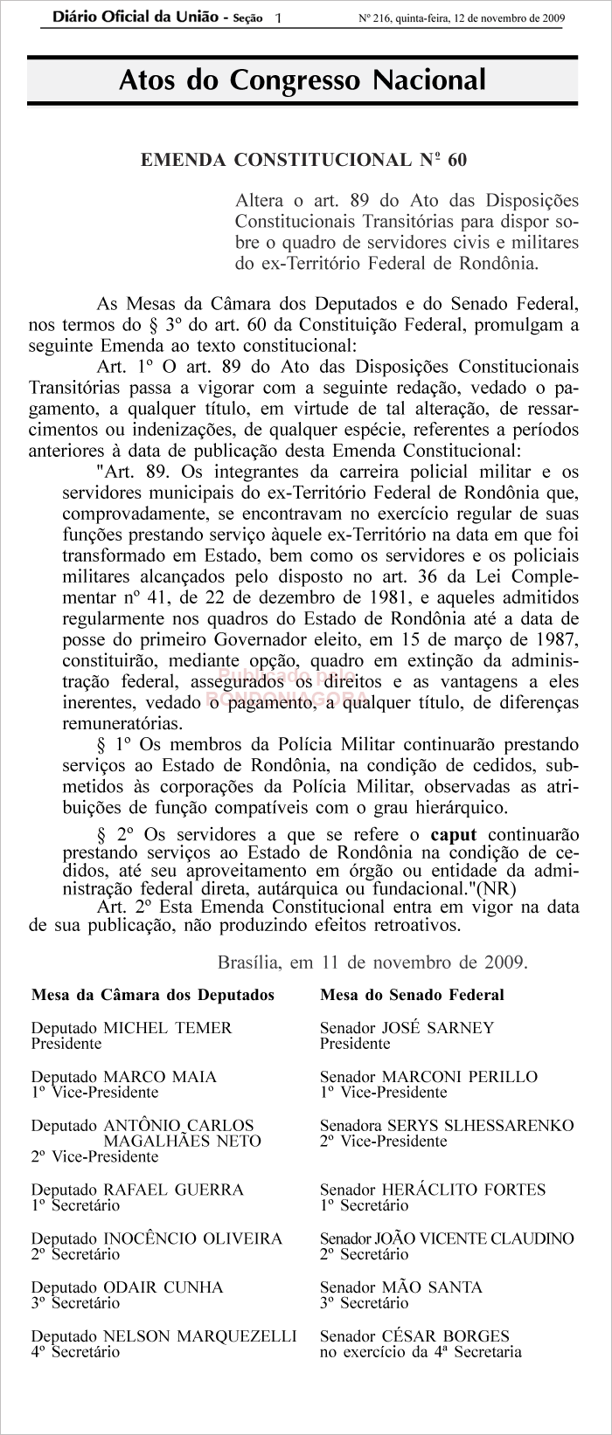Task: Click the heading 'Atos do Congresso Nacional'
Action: pos(302,81)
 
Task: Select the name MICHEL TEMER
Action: pos(168,1028)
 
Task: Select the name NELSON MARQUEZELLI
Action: pos(200,1336)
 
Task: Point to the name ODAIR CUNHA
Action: pos(163,1287)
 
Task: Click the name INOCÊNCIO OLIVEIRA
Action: pos(193,1238)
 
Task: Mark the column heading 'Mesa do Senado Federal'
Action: pos(412,995)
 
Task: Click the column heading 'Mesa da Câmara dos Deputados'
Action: pos(153,995)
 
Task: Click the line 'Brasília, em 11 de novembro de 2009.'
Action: pos(372,963)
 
